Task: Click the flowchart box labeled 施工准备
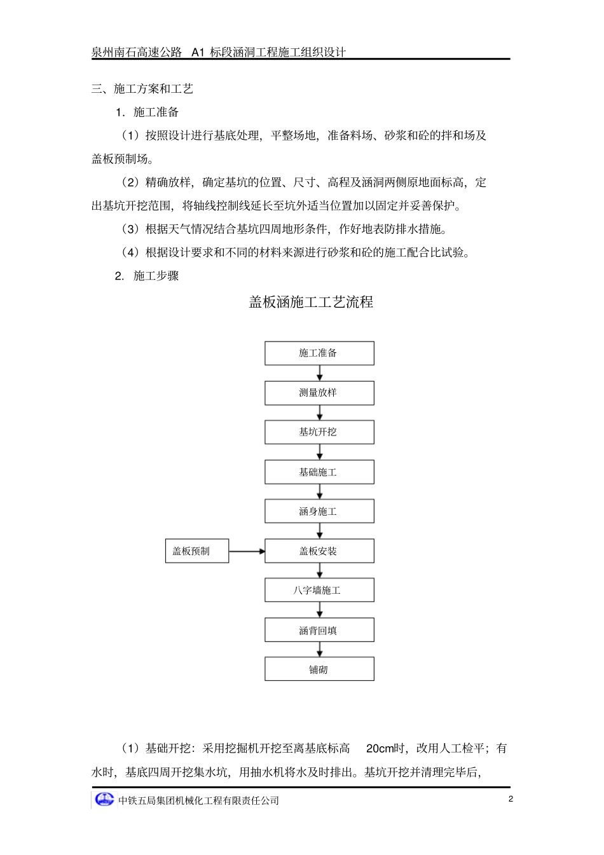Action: coord(319,353)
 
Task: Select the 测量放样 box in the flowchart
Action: coord(319,393)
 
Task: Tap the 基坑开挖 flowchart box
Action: coord(319,432)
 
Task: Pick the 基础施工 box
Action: coord(319,472)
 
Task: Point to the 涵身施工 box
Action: coord(319,511)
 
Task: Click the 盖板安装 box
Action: coord(319,551)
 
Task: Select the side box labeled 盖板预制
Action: coord(196,551)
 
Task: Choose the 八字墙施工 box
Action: coord(319,591)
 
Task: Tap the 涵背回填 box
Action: coord(319,631)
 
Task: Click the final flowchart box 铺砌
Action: coord(319,669)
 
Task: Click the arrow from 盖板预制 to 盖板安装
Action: coord(247,551)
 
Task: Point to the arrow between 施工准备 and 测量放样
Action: coord(320,373)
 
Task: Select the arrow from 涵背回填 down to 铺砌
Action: coord(320,650)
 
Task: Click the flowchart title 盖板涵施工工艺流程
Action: coord(311,302)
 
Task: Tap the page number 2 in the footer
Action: coord(511,799)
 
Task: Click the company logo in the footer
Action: coord(104,800)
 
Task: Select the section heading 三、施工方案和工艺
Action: coord(142,89)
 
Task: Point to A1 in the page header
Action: coord(198,52)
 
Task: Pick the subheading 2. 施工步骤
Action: coord(147,276)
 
